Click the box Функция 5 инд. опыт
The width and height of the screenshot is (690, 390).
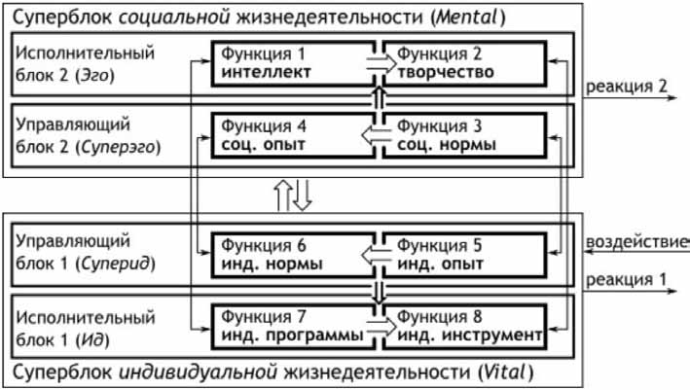(x=462, y=253)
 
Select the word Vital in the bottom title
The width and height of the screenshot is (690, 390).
(x=496, y=373)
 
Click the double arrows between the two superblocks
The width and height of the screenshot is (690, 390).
(x=293, y=195)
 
